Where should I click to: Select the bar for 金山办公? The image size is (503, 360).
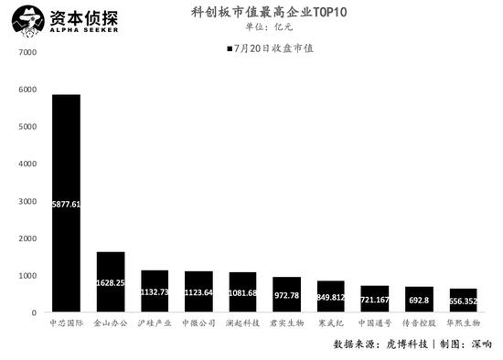pyautogui.click(x=111, y=282)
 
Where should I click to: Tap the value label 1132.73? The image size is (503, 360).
pyautogui.click(x=155, y=292)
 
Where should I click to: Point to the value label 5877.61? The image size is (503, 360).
pyautogui.click(x=67, y=205)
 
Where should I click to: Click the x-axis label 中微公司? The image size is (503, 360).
pyautogui.click(x=198, y=323)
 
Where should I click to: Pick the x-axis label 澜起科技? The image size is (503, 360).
pyautogui.click(x=242, y=323)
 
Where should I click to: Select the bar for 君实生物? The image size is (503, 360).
pyautogui.click(x=286, y=294)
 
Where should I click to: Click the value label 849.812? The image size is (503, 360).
pyautogui.click(x=330, y=297)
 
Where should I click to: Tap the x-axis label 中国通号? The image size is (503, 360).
pyautogui.click(x=374, y=323)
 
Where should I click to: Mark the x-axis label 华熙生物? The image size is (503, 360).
pyautogui.click(x=462, y=323)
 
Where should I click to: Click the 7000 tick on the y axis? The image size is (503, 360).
pyautogui.click(x=27, y=52)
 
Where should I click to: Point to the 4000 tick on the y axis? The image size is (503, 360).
pyautogui.click(x=27, y=164)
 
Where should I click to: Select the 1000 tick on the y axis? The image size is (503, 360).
pyautogui.click(x=27, y=275)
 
